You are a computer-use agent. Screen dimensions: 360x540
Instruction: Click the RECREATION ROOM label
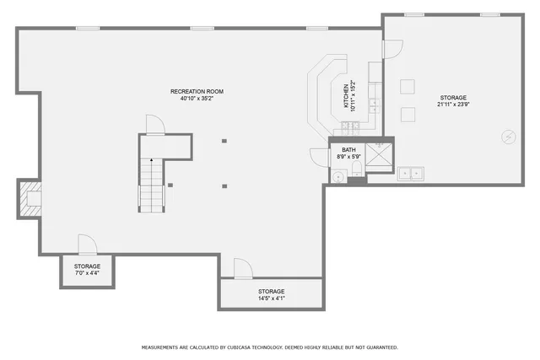click(x=197, y=91)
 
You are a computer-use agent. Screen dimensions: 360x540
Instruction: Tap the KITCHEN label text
click(x=346, y=95)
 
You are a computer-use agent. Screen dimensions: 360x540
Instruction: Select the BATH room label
click(x=348, y=149)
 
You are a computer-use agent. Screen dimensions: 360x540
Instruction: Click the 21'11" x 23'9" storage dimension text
click(x=452, y=105)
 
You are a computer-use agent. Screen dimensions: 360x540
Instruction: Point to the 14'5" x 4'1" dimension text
click(x=271, y=298)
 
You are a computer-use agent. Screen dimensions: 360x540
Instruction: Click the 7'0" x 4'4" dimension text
click(x=87, y=273)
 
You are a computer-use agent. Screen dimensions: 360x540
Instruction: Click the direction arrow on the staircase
click(x=152, y=160)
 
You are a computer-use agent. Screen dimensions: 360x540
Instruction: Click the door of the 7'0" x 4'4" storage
click(x=88, y=245)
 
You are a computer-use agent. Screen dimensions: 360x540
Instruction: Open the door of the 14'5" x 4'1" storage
click(x=242, y=269)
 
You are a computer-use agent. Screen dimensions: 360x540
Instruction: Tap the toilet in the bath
click(x=357, y=175)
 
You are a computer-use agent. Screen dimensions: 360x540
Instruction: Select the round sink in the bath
click(x=338, y=176)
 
